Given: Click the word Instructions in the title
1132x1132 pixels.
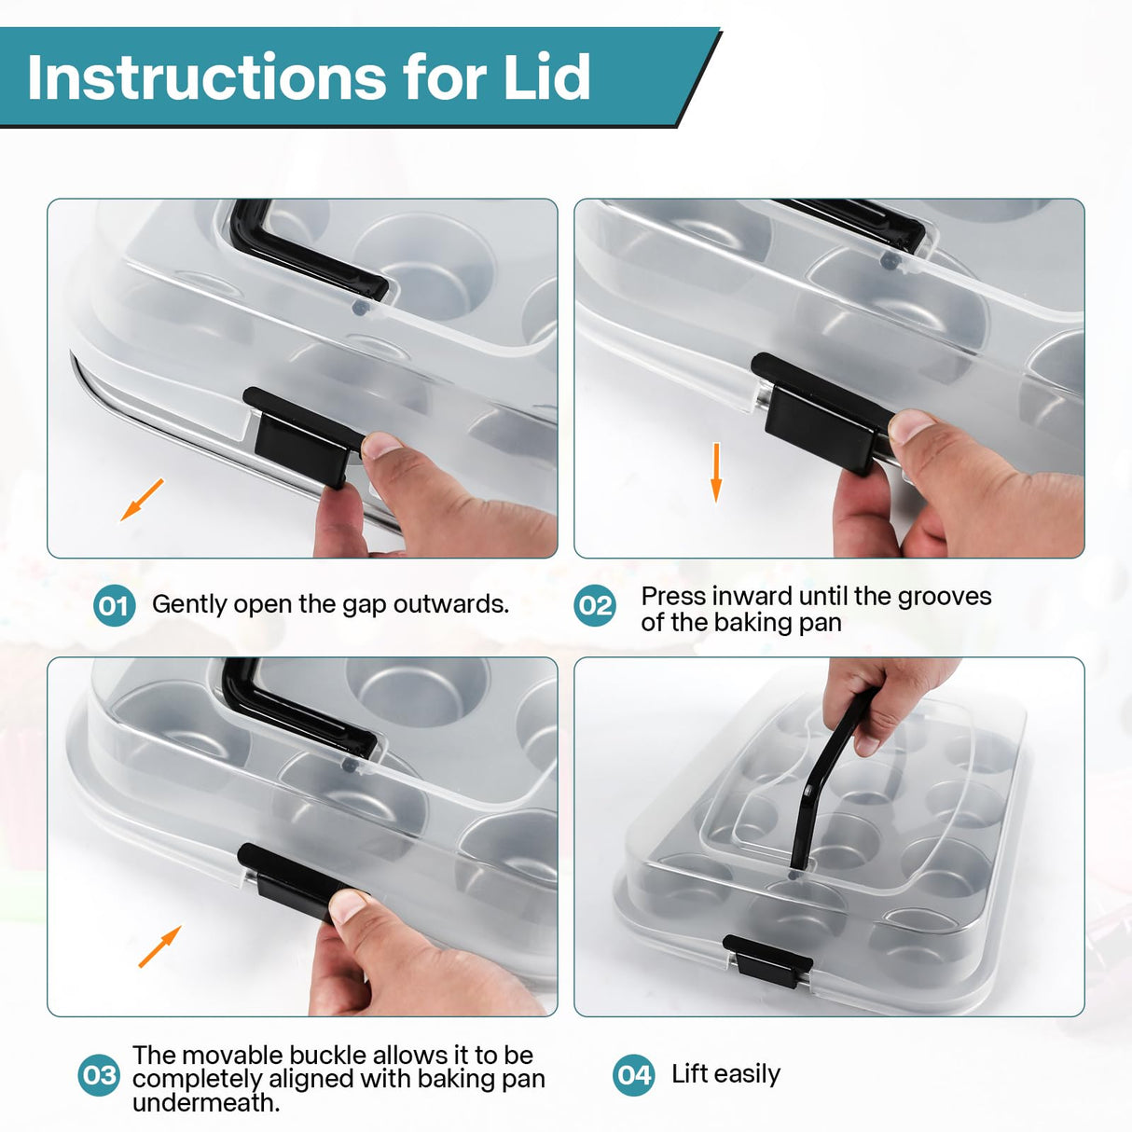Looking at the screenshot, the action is pyautogui.click(x=207, y=77).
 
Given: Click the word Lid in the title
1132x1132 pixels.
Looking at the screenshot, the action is pyautogui.click(x=546, y=77).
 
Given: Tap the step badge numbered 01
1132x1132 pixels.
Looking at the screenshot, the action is pyautogui.click(x=114, y=605).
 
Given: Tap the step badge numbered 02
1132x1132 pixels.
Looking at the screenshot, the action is pyautogui.click(x=595, y=605).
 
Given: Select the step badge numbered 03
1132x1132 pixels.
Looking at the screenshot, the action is pyautogui.click(x=99, y=1075).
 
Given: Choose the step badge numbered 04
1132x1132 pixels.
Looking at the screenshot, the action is pyautogui.click(x=633, y=1075).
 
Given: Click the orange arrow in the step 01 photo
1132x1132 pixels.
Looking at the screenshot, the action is pyautogui.click(x=142, y=499).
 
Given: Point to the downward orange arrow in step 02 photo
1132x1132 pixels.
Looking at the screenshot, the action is pyautogui.click(x=716, y=473).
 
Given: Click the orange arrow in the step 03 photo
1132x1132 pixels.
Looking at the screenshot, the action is pyautogui.click(x=159, y=946).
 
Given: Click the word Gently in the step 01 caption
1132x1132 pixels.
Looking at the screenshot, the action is pyautogui.click(x=189, y=605).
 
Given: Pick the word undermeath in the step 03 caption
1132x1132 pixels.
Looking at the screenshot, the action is pyautogui.click(x=206, y=1103).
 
